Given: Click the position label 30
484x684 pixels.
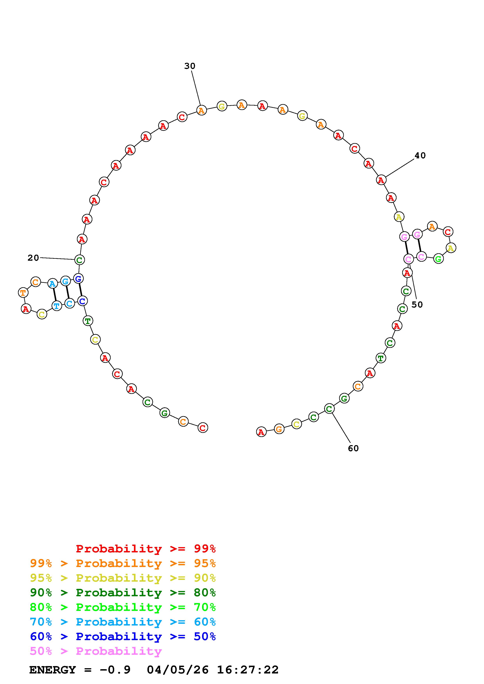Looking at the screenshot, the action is coord(190,66).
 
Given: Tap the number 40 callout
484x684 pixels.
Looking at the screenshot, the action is coord(420,156).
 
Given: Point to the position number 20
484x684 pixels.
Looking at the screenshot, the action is coord(33,258).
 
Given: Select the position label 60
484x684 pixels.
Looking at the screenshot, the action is coord(353,448).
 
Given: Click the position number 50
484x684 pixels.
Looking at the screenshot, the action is coord(417,304).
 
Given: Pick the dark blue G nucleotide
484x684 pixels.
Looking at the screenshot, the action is coord(78,279).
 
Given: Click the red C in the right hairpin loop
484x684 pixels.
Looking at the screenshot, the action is coord(448,231).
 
